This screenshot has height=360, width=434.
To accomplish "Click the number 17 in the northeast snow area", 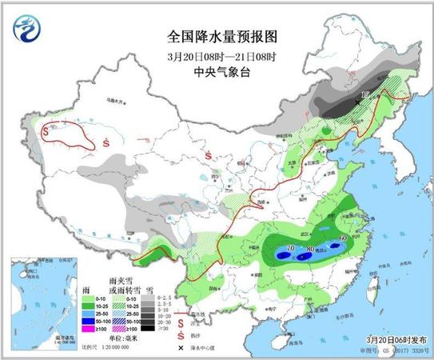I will point(364,95).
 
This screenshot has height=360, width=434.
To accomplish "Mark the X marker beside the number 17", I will point(356,102).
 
